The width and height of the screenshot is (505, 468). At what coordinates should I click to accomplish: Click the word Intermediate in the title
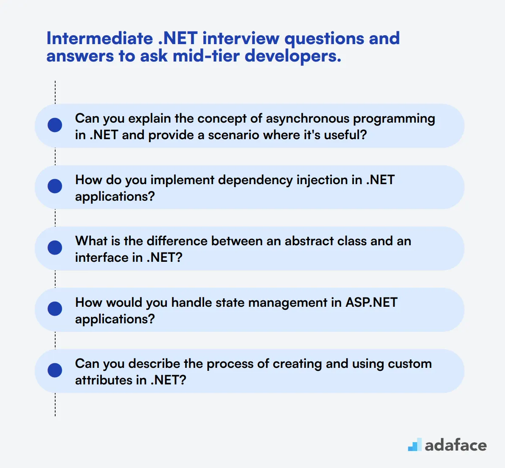(x=99, y=39)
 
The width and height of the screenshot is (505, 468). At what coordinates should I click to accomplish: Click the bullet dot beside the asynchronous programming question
(x=55, y=125)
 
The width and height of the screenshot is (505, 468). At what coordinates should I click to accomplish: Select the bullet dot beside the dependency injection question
(x=55, y=186)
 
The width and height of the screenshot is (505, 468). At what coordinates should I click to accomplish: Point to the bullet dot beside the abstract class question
(x=55, y=248)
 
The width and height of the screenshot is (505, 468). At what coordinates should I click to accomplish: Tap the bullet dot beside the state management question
(x=55, y=309)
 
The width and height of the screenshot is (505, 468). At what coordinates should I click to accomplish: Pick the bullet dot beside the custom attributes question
(x=55, y=370)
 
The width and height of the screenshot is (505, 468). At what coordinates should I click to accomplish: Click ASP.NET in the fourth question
(x=371, y=303)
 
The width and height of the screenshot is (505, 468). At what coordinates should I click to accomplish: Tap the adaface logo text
(x=455, y=445)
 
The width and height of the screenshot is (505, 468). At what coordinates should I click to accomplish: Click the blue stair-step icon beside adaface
(x=415, y=445)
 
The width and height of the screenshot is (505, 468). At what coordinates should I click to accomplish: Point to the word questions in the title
(x=324, y=39)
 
